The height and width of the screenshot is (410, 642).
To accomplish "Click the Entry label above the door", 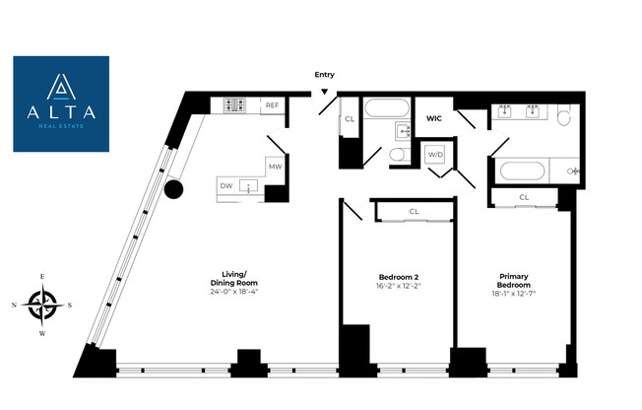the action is click(x=324, y=75).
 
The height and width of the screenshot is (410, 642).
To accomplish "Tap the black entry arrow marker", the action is click(x=324, y=92).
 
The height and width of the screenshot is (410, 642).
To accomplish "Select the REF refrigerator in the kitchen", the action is click(x=273, y=105).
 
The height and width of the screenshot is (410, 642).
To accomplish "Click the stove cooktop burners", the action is click(x=235, y=104).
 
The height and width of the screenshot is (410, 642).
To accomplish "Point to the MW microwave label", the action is click(x=275, y=167).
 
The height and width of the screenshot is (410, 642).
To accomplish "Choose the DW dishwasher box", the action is click(x=226, y=185).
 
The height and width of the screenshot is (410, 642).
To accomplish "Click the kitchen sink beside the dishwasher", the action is click(x=248, y=185).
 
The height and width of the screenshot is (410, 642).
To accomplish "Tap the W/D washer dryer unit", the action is click(x=435, y=155).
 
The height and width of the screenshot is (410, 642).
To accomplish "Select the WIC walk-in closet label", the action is click(x=434, y=118).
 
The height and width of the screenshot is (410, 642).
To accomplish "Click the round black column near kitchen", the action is click(x=173, y=190).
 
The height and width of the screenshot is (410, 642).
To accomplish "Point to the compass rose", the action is click(x=42, y=306).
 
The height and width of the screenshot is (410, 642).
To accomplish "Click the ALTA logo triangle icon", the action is click(x=61, y=87).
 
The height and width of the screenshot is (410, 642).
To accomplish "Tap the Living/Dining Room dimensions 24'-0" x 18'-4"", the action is click(x=234, y=292).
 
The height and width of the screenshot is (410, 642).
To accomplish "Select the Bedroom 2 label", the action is click(x=399, y=277).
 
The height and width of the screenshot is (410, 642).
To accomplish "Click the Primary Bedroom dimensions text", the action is click(x=514, y=294).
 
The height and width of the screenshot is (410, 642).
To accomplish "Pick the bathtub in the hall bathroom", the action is click(x=387, y=108).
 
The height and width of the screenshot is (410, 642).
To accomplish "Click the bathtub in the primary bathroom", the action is click(x=523, y=171).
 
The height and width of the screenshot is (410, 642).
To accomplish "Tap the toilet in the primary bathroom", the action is click(x=564, y=115).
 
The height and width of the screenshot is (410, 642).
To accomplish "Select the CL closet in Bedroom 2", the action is click(x=414, y=212).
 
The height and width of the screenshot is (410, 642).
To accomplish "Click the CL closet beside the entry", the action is click(x=350, y=119).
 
